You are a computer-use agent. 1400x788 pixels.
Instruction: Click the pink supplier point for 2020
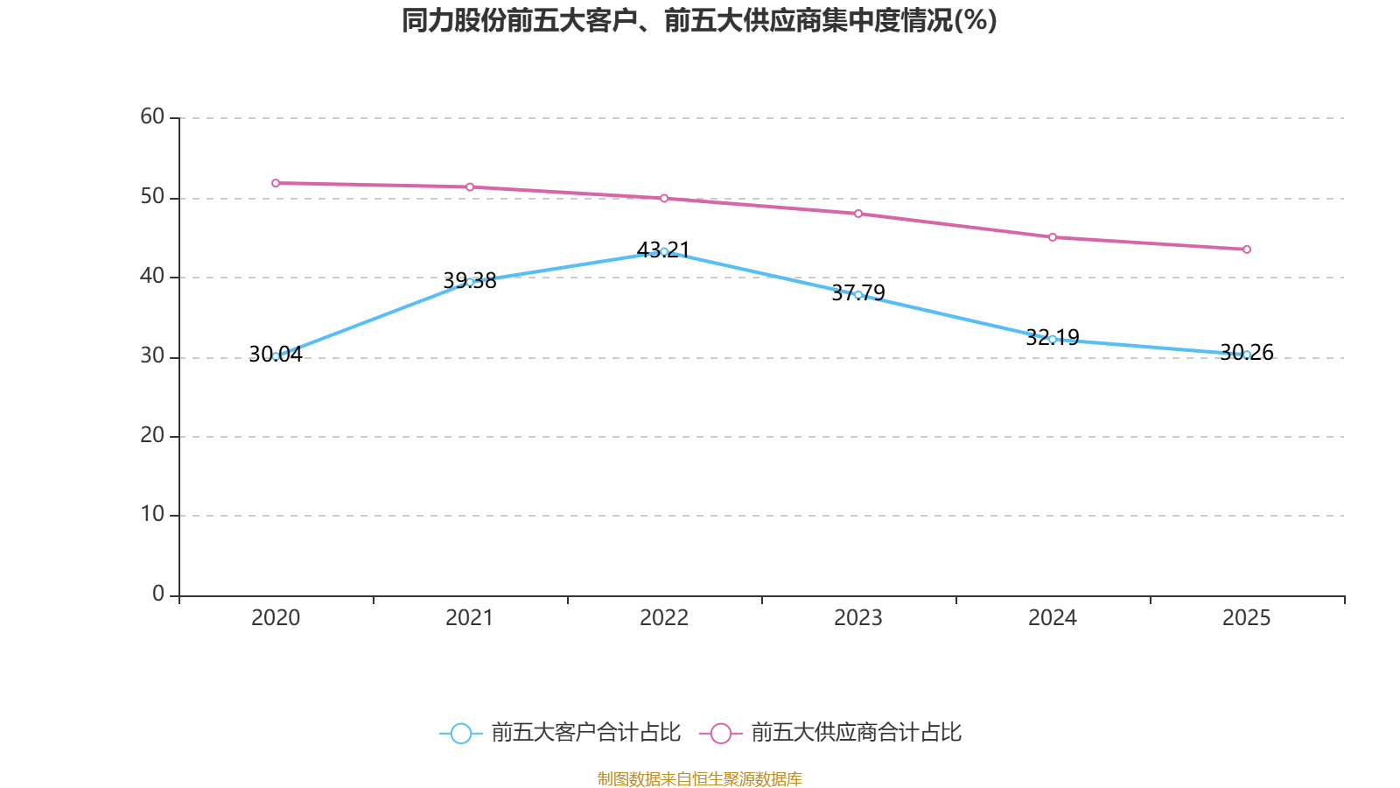point(276,183)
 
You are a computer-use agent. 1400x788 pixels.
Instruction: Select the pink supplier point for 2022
point(664,199)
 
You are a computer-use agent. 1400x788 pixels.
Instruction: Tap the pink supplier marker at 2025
point(1247,250)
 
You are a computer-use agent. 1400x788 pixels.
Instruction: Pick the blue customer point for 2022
point(664,251)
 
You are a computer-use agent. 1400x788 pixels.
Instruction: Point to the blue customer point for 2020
point(276,356)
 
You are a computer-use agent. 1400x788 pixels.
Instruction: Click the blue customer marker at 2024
point(1053,339)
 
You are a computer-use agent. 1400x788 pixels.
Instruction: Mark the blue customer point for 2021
point(470,282)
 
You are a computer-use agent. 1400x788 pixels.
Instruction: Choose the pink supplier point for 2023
point(858,214)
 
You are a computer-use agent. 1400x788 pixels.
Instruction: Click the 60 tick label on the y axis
point(152,117)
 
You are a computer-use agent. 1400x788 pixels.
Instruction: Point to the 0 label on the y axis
point(158,595)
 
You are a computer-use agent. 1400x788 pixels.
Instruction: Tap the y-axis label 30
point(152,356)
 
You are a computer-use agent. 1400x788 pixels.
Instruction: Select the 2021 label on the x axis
point(470,618)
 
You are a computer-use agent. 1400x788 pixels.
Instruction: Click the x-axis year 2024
point(1053,618)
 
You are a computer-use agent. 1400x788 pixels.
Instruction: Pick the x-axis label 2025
point(1247,618)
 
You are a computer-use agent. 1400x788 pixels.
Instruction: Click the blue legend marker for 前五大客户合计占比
point(460,733)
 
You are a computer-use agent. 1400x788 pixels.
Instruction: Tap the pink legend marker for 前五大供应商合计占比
point(720,733)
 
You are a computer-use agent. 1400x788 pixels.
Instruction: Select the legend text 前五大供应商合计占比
point(856,733)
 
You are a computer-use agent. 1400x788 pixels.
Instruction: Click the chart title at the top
point(699,20)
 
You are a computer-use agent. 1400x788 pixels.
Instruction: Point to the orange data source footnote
point(699,778)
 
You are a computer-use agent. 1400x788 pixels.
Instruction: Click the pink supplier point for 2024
point(1053,237)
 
